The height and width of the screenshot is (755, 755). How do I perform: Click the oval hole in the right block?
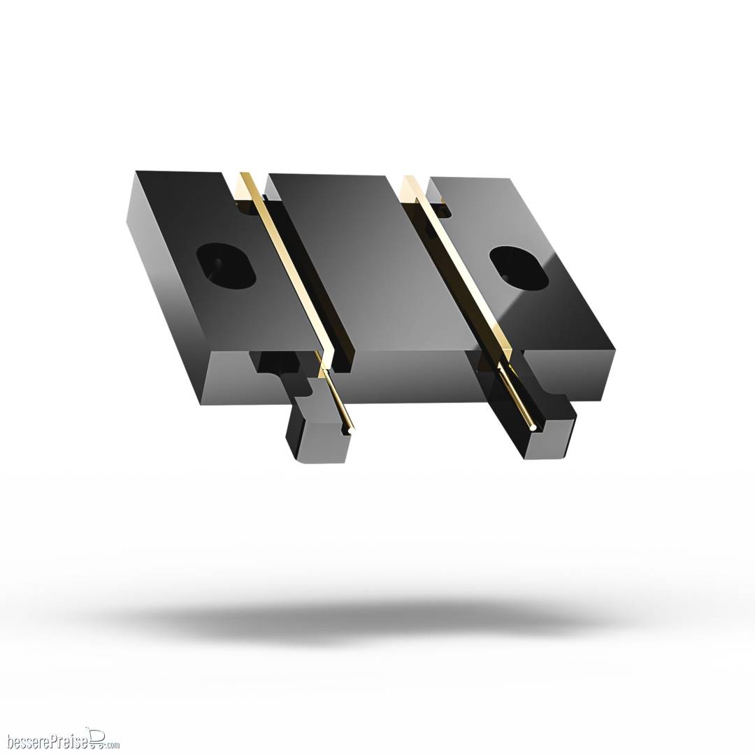519,268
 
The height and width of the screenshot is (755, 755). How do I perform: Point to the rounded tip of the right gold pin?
533,426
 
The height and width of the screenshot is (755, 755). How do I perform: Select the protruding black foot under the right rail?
549,429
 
